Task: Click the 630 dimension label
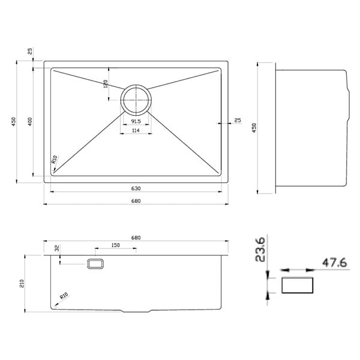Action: click(136, 188)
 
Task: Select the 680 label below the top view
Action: click(136, 201)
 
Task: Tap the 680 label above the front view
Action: click(136, 238)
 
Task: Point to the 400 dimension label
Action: click(30, 121)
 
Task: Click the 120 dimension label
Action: click(106, 84)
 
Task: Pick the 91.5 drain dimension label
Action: click(136, 121)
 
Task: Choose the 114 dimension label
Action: click(136, 130)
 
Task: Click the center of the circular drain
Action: click(136, 100)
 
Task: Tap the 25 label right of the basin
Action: click(238, 120)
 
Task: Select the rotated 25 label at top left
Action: click(30, 51)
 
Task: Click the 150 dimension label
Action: click(115, 245)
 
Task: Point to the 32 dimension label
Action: click(57, 248)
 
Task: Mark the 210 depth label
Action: click(22, 284)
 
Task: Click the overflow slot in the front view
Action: click(95, 263)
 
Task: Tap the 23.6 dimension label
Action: click(260, 250)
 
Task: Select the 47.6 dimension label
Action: click(335, 263)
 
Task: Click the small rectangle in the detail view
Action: click(298, 285)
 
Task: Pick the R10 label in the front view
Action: click(64, 296)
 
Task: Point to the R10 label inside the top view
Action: click(54, 160)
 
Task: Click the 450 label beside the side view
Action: click(254, 128)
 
